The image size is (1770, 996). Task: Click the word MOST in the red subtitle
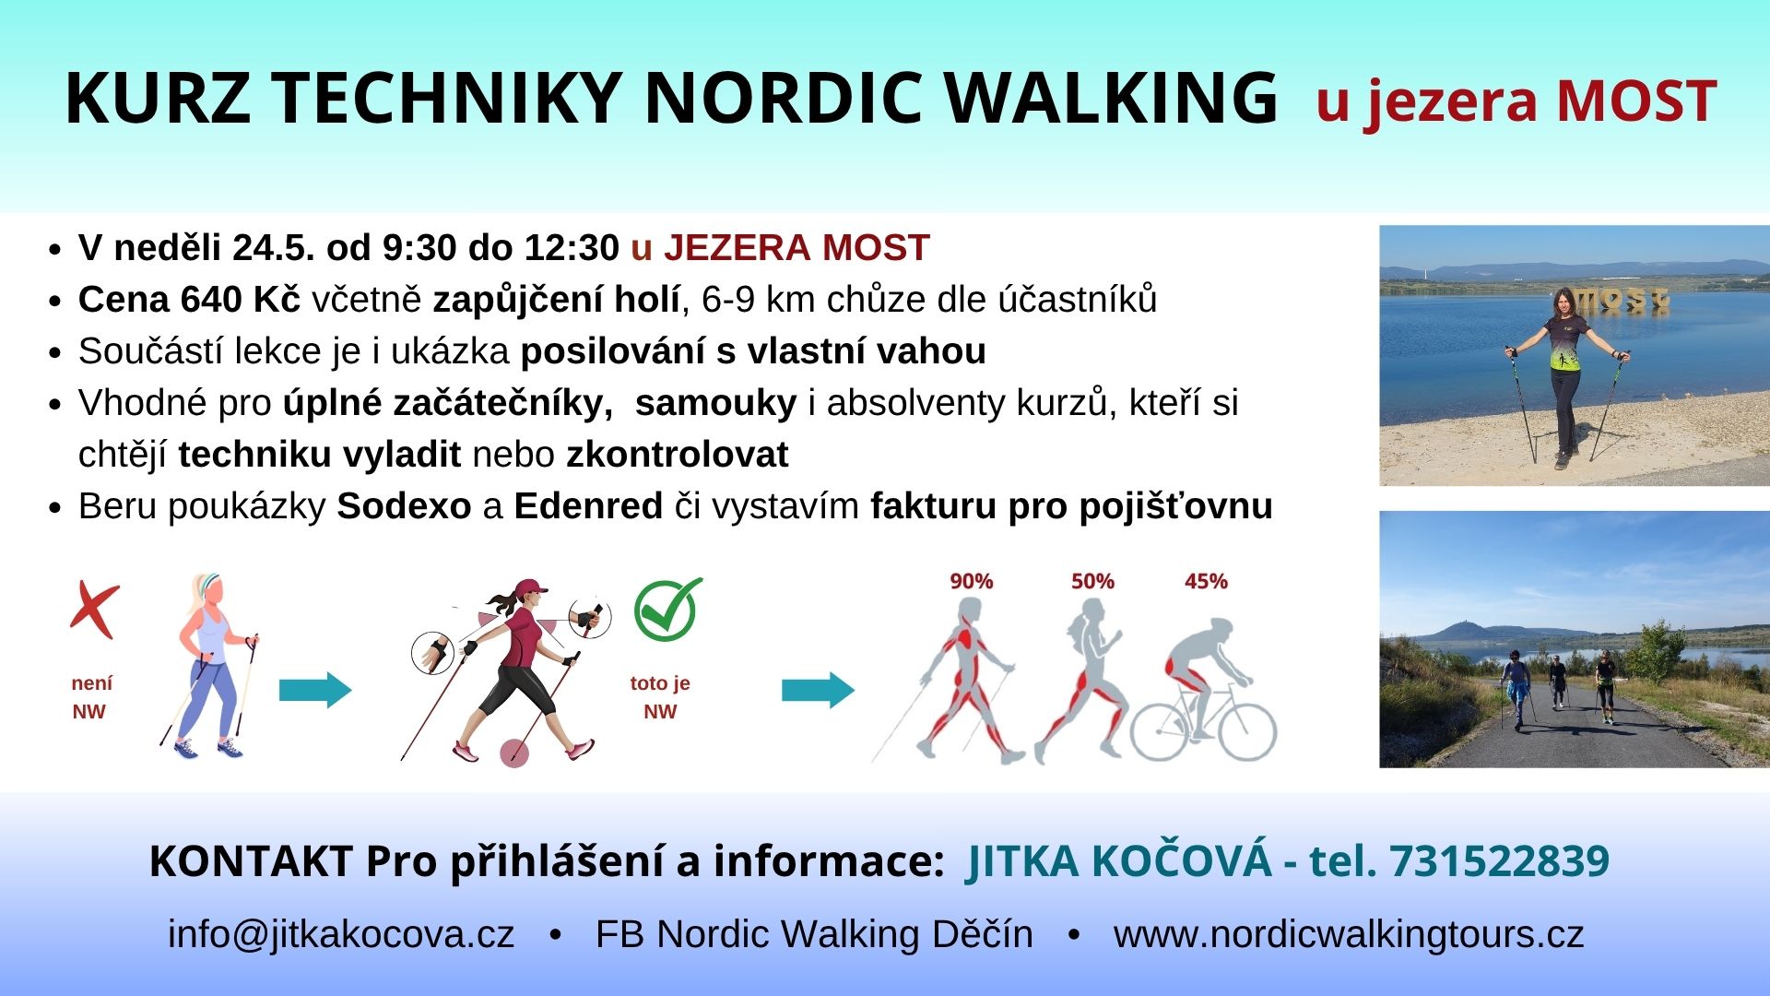point(1636,101)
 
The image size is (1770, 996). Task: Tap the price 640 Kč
point(241,300)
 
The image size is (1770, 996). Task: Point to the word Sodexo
point(404,506)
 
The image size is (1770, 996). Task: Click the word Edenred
point(588,506)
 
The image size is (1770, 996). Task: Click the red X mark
point(95,610)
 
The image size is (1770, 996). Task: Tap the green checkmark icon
point(668,610)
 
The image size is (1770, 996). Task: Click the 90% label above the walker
point(972,581)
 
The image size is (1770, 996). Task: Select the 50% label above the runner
point(1092,581)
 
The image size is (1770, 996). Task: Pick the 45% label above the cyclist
point(1206,581)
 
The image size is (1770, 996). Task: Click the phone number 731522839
point(1499,861)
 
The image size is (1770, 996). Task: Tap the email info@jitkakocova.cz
point(341,934)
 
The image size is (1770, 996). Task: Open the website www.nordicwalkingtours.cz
point(1349,934)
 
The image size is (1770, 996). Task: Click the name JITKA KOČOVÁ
point(1119,860)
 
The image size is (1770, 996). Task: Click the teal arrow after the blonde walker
point(315,690)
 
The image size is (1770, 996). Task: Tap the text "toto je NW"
point(660,697)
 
